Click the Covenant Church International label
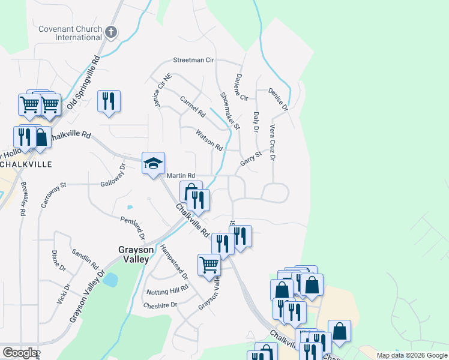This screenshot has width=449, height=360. [x=70, y=33]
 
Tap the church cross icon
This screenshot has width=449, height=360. [x=110, y=32]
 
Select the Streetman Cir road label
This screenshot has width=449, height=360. [x=193, y=60]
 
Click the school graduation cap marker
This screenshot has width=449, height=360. [x=153, y=163]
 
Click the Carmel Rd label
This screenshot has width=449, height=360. [x=193, y=106]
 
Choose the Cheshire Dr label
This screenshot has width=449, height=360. [x=160, y=305]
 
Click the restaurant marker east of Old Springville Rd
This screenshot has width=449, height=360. [x=109, y=101]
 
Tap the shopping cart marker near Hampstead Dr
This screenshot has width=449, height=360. [x=209, y=263]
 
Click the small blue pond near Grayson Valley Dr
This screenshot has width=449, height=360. [x=110, y=279]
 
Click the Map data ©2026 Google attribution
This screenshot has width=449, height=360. [x=412, y=355]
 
